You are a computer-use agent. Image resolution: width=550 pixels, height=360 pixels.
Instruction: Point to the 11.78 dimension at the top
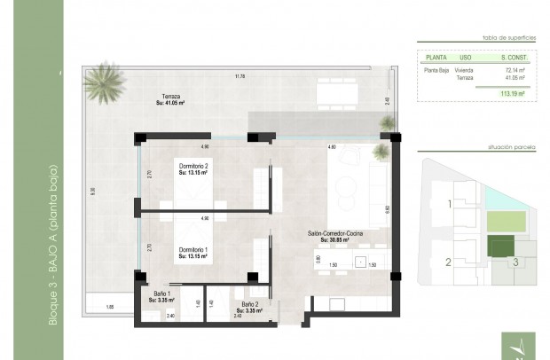tap(239, 77)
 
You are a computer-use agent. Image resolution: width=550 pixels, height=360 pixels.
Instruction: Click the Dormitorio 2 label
tap(192, 169)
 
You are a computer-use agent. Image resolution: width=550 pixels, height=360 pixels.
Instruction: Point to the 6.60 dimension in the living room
tap(387, 209)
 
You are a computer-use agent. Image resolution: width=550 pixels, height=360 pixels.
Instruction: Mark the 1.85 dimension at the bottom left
tap(109, 306)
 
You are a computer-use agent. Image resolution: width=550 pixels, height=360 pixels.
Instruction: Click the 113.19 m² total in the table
tap(513, 92)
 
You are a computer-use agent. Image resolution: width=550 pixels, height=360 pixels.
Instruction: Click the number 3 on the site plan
tap(514, 262)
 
